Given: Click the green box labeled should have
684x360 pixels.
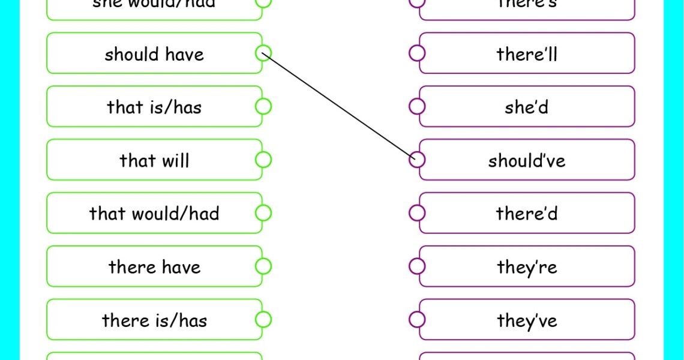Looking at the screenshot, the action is pyautogui.click(x=154, y=54).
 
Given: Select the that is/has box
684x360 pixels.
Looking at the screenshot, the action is pyautogui.click(x=154, y=107).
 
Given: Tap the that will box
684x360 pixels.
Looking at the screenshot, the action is pyautogui.click(x=154, y=160).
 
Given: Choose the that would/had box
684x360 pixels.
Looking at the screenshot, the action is pyautogui.click(x=154, y=213).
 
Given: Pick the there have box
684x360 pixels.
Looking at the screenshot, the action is pyautogui.click(x=154, y=266).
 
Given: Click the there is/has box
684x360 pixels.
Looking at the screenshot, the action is pyautogui.click(x=154, y=320).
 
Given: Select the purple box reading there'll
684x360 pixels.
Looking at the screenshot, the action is pyautogui.click(x=527, y=54).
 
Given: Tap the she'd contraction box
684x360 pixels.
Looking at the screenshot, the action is pyautogui.click(x=527, y=107).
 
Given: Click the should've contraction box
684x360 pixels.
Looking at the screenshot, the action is pyautogui.click(x=527, y=160).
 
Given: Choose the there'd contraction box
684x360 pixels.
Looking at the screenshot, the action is pyautogui.click(x=527, y=213).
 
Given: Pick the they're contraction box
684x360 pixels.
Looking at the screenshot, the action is pyautogui.click(x=527, y=266).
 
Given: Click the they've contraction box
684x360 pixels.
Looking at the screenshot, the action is pyautogui.click(x=527, y=320).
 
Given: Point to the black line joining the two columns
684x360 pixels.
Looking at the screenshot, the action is pyautogui.click(x=340, y=107).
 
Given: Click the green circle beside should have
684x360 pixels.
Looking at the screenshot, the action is pyautogui.click(x=263, y=53).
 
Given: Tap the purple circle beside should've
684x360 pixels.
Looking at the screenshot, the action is pyautogui.click(x=417, y=160).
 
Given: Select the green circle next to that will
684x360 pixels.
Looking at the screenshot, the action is pyautogui.click(x=263, y=160).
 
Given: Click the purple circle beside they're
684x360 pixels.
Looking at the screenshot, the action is pyautogui.click(x=417, y=266).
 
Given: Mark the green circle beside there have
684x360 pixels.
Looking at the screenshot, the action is pyautogui.click(x=263, y=266).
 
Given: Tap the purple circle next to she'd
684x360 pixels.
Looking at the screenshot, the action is pyautogui.click(x=417, y=106).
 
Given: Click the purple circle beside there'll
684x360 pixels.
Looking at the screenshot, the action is pyautogui.click(x=417, y=53).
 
